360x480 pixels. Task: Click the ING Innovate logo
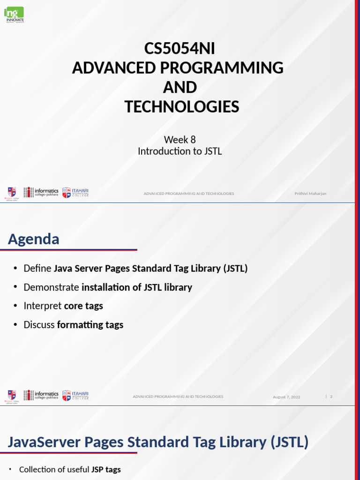14,15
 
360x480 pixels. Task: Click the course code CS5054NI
180,48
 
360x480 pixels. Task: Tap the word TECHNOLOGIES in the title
181,107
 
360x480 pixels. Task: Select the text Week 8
180,140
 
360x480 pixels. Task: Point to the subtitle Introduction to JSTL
180,151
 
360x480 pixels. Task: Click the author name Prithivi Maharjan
310,194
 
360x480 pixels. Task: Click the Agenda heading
33,239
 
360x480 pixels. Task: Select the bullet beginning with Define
135,269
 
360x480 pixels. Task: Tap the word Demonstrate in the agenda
52,287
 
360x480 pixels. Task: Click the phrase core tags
83,306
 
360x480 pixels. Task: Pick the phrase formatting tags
90,324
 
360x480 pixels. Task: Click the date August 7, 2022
286,397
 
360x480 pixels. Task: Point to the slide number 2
331,397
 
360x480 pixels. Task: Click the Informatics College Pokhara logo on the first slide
41,192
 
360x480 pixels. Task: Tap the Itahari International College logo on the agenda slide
75,395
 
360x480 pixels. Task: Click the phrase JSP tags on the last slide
105,469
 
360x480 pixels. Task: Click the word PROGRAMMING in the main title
222,68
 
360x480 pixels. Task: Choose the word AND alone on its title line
180,88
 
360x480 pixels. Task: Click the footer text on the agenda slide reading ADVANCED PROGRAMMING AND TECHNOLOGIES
178,397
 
